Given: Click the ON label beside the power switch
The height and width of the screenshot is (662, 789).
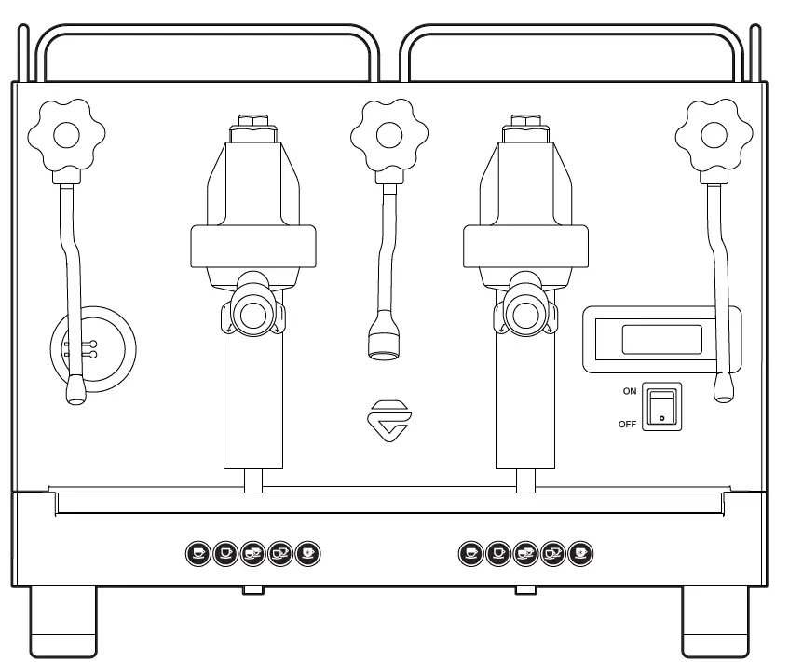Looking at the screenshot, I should (x=630, y=392).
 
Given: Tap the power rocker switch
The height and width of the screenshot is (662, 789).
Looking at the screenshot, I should (x=662, y=407).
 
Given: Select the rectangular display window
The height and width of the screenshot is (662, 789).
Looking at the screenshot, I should (x=661, y=339).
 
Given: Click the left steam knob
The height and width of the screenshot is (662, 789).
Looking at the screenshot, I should (x=66, y=136).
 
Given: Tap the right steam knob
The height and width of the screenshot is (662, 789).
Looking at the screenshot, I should (x=713, y=136).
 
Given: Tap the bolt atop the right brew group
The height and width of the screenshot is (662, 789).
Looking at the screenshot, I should (x=524, y=121).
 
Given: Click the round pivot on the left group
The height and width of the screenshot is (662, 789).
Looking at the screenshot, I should (x=252, y=314).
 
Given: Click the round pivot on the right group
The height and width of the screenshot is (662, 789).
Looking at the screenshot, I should (x=524, y=314).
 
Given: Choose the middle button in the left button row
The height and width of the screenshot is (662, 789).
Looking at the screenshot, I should (x=252, y=553).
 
